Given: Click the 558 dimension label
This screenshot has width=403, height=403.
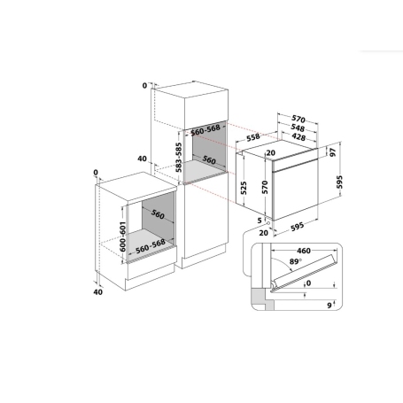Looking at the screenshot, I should click(x=252, y=138).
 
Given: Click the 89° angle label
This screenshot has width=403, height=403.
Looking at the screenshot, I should click(x=282, y=264).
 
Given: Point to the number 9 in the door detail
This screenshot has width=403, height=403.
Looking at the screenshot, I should click(x=328, y=306).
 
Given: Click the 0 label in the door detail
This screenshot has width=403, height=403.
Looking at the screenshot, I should click(x=308, y=285).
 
